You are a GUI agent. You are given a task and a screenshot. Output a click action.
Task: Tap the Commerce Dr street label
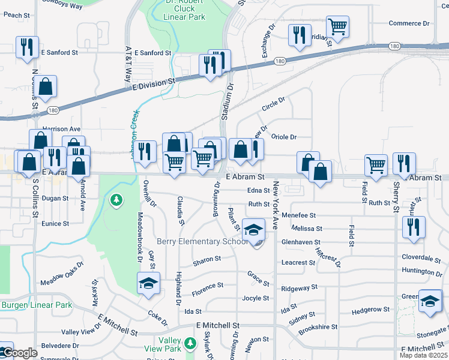tap(409, 23)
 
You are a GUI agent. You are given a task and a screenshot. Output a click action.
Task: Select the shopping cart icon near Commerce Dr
tap(338, 26)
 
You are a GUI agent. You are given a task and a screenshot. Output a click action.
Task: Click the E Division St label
tap(153, 84)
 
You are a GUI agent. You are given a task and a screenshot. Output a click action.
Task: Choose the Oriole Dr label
tap(285, 137)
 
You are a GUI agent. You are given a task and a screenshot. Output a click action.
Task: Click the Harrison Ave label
tap(61, 129)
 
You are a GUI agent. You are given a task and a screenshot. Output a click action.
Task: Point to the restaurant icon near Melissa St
tap(413, 227)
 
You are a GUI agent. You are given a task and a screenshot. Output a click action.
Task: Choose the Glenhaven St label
tap(302, 242)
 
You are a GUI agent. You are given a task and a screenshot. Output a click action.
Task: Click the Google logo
tap(20, 353)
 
